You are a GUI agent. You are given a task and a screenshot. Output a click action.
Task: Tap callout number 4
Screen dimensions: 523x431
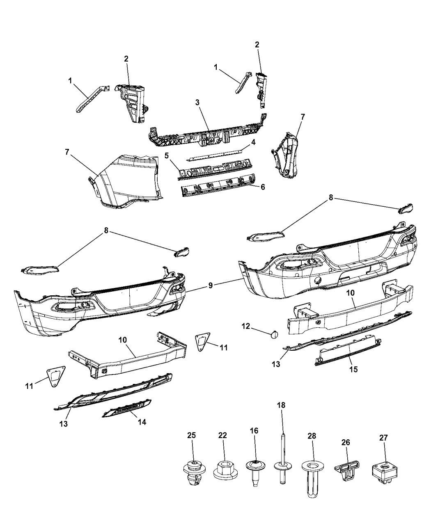253,142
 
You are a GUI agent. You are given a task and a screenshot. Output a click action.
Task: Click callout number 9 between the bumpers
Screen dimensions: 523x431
210,285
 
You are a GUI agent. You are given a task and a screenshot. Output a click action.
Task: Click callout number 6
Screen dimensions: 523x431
263,187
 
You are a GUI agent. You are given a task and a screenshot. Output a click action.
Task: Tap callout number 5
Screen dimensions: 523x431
167,155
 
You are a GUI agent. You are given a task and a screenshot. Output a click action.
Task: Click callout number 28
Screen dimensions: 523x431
312,436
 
